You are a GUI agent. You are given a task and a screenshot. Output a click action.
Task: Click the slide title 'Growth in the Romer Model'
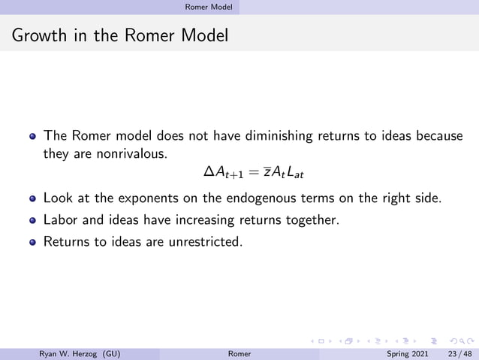[119, 35]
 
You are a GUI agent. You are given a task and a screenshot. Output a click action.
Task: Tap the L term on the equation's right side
[296, 174]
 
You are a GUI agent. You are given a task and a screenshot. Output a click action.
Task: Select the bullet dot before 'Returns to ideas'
[32, 242]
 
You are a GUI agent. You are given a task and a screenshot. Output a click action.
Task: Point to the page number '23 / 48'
[458, 353]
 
